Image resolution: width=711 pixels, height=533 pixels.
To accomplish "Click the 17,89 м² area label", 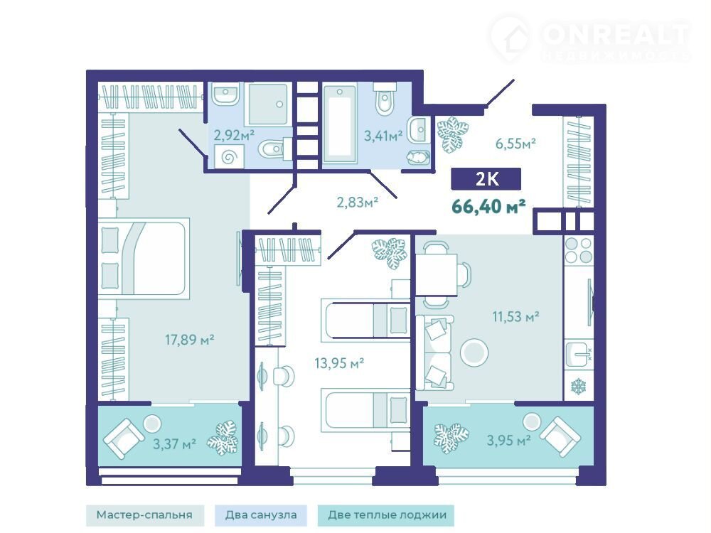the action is click(189, 339).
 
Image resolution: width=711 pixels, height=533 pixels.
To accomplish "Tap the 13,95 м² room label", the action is click(339, 362).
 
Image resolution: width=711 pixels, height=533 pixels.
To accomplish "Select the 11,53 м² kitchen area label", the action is click(515, 316).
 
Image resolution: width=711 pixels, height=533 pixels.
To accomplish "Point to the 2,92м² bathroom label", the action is click(234, 134).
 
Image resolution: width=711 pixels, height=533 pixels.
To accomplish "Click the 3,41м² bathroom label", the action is click(384, 135).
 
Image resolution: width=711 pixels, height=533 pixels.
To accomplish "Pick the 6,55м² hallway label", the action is click(515, 144).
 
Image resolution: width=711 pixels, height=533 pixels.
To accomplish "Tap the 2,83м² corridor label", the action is click(358, 202).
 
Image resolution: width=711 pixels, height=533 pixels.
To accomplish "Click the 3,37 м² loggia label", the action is click(174, 443).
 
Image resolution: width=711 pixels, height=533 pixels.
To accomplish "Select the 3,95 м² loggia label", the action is click(509, 440).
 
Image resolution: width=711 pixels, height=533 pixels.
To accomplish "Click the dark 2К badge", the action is click(486, 178).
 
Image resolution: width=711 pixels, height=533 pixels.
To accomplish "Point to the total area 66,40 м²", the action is click(489, 207).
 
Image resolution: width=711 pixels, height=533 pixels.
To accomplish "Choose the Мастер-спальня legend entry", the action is click(144, 515).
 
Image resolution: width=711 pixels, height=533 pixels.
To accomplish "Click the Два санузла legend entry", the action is click(261, 515).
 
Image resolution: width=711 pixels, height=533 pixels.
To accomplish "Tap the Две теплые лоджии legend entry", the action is click(386, 515).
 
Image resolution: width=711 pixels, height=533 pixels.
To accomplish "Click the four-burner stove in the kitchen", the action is click(579, 250).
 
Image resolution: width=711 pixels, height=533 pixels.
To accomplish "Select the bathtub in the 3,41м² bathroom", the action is click(340, 122).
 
